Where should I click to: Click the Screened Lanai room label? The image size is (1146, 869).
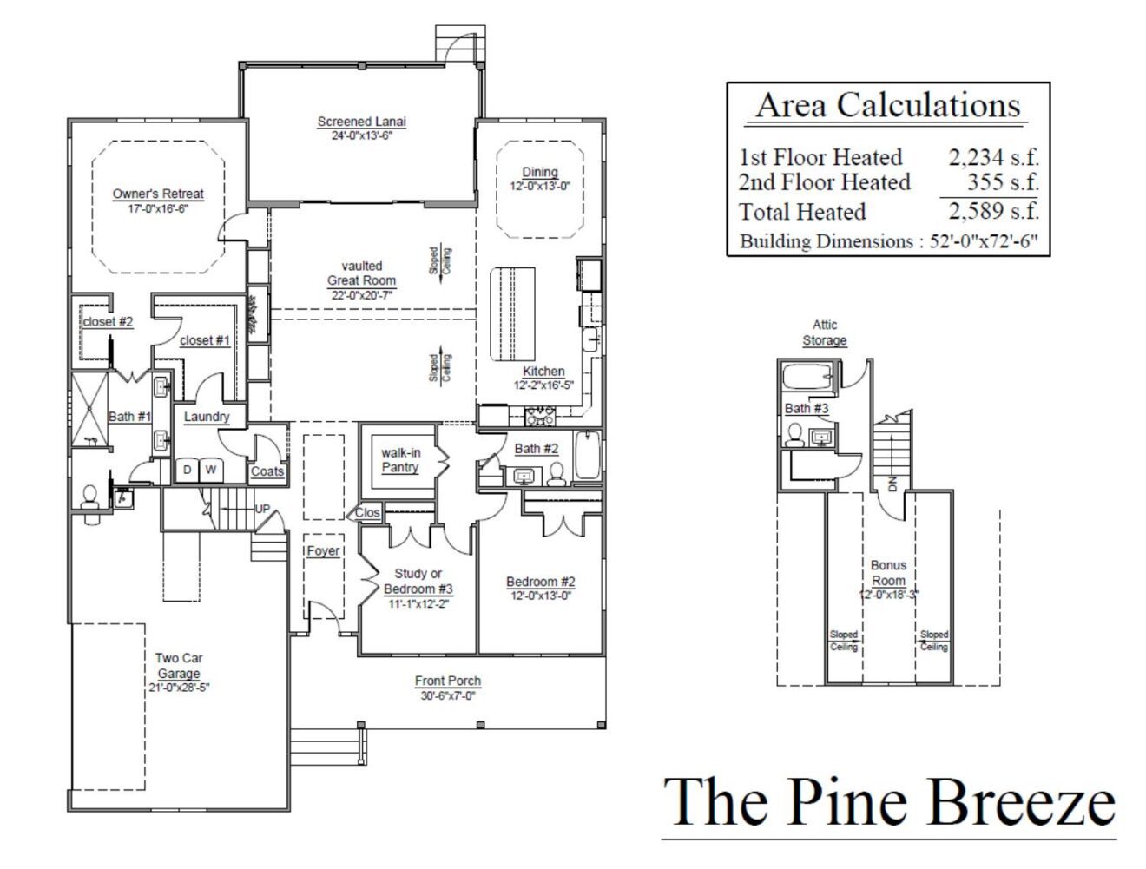tap(361, 122)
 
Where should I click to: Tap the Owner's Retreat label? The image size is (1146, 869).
tap(158, 194)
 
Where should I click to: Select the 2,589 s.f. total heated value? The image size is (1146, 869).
tap(993, 211)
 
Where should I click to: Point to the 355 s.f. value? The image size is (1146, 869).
tap(1003, 181)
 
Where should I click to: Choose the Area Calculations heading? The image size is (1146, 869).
tap(887, 105)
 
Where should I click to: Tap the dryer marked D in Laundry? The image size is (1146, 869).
tap(188, 470)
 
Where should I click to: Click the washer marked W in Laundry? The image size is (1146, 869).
tap(212, 470)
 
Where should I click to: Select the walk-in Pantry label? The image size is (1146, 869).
tap(400, 460)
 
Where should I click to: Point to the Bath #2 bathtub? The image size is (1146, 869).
tap(588, 455)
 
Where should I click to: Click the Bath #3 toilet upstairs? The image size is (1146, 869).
tap(794, 435)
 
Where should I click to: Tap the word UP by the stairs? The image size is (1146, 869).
tap(262, 509)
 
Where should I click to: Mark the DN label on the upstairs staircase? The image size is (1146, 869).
tap(892, 484)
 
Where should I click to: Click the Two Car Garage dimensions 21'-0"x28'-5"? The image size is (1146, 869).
tap(179, 688)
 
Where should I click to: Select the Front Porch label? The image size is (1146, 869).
tap(447, 681)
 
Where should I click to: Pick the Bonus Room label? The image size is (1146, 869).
tap(888, 573)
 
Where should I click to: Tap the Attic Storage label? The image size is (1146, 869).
tap(825, 332)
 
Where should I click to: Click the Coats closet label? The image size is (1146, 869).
tap(267, 471)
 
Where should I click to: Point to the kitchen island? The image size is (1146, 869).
tap(512, 314)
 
